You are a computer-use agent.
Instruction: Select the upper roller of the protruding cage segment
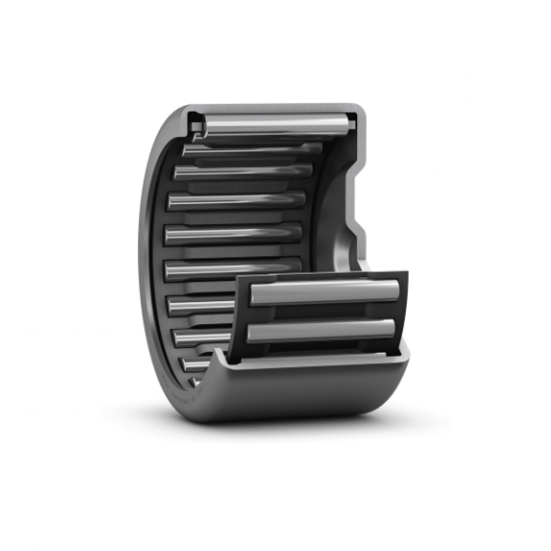[x=324, y=294]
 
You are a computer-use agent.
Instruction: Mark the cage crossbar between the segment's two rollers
[x=321, y=312]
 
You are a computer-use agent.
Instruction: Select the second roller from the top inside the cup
[x=253, y=148]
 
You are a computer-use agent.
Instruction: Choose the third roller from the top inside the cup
[x=243, y=171]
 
